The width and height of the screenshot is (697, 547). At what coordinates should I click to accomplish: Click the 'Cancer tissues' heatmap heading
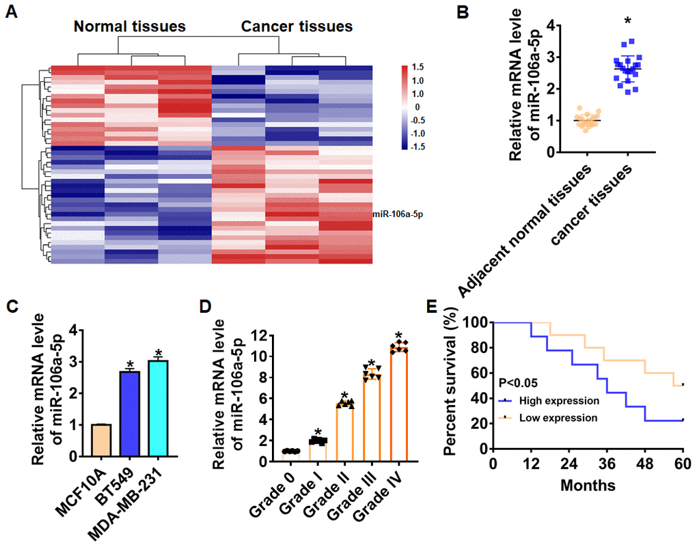(297, 27)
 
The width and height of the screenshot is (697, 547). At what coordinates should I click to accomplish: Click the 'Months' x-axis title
(587, 486)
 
